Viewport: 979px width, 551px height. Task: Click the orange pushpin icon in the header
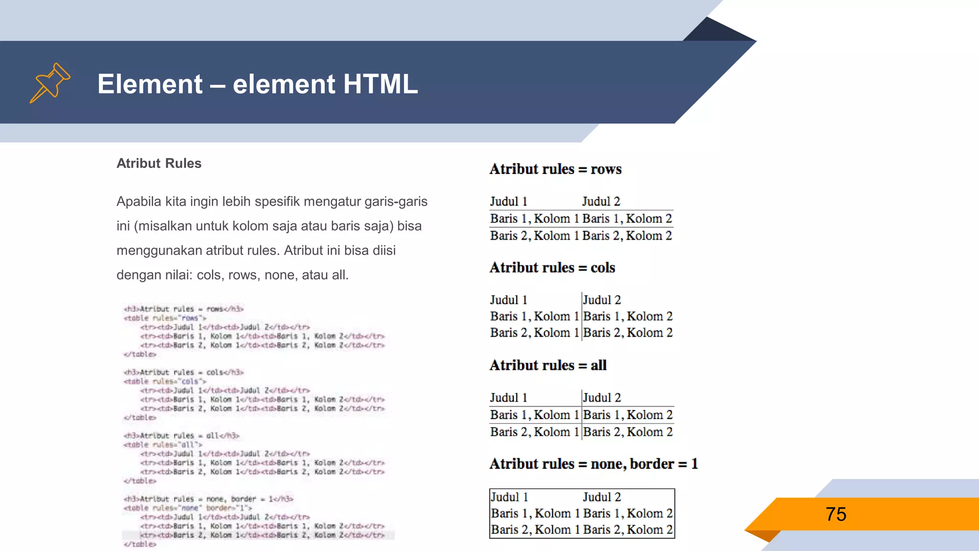50,83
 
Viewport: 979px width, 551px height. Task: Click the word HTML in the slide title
380,84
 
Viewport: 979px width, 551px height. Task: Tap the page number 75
836,515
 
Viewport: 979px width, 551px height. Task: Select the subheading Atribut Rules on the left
159,164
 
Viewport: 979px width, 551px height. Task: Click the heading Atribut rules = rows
555,169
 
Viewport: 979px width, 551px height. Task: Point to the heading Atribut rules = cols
552,268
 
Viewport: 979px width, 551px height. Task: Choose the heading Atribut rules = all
548,365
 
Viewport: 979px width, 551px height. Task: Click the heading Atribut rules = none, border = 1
594,464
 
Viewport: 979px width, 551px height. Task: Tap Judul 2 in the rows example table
601,201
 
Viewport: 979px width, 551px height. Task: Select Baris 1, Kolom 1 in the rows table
534,219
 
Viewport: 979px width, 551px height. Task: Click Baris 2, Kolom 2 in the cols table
628,332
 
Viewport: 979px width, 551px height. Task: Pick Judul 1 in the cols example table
509,300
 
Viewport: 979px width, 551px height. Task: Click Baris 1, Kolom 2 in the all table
628,415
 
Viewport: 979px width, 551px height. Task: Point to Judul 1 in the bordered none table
510,497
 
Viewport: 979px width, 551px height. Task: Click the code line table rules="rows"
165,318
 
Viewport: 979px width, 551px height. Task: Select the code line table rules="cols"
165,381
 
